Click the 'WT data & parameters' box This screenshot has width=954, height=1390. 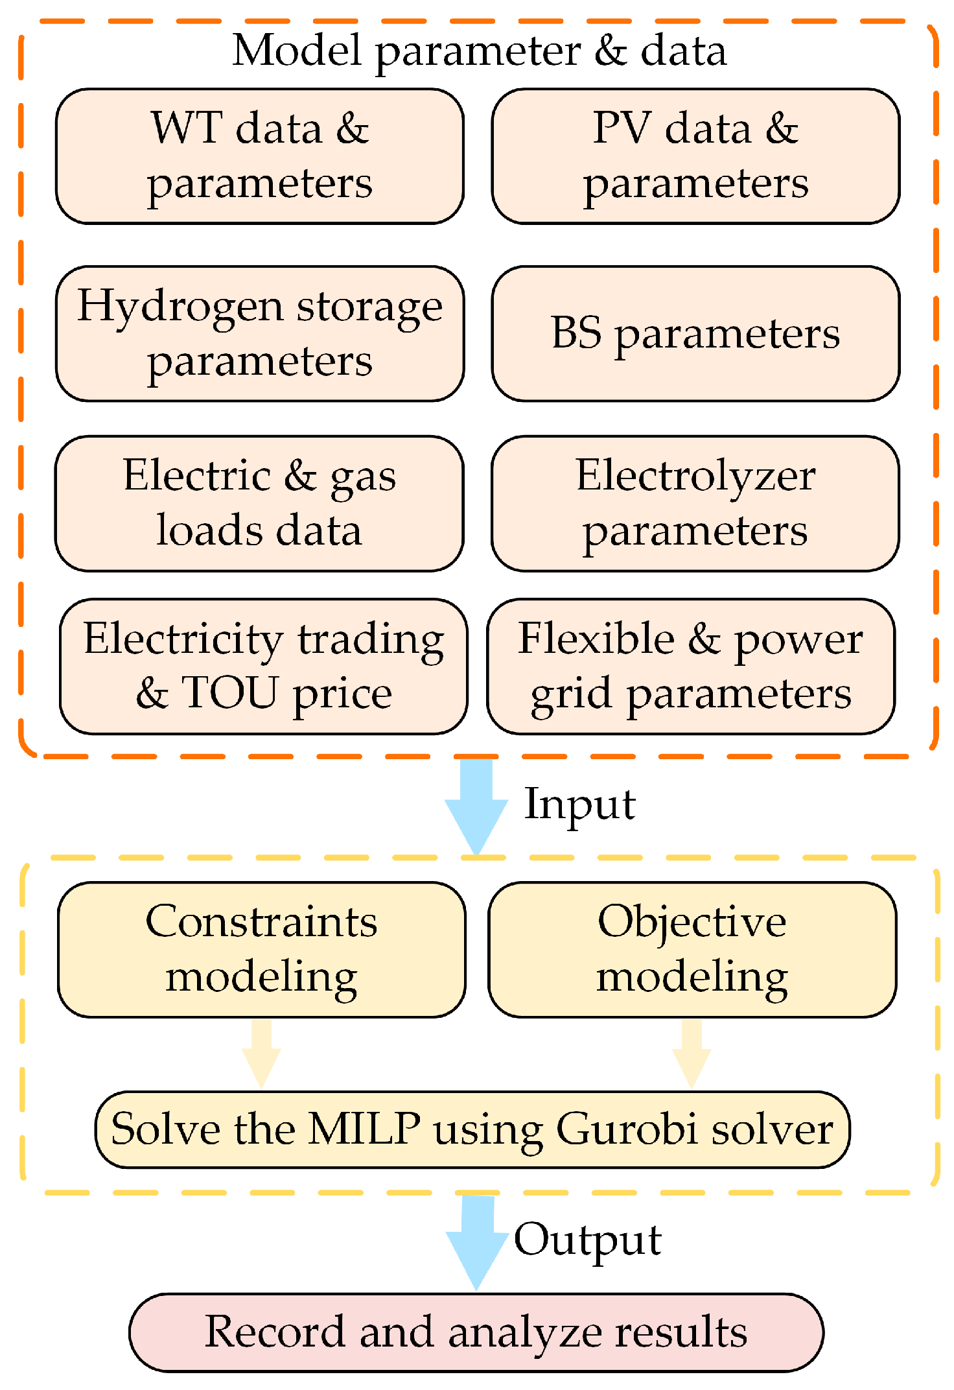tap(260, 156)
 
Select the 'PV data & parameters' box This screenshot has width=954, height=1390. tap(695, 156)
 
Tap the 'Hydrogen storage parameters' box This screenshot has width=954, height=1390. tap(260, 333)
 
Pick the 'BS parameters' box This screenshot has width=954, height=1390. tap(695, 333)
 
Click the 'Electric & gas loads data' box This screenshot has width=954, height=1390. tap(259, 503)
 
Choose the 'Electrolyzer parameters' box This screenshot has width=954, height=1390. tap(695, 503)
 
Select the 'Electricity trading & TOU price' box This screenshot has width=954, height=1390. tap(264, 666)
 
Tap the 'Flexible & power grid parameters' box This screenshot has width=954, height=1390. tap(691, 666)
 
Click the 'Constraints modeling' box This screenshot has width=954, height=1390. tap(262, 949)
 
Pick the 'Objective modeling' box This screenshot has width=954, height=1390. tap(692, 949)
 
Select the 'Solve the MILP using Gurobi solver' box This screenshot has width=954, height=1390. tap(472, 1129)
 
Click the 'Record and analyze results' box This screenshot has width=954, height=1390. tap(476, 1332)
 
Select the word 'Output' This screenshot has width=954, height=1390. tap(588, 1240)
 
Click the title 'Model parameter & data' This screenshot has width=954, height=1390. tap(480, 51)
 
